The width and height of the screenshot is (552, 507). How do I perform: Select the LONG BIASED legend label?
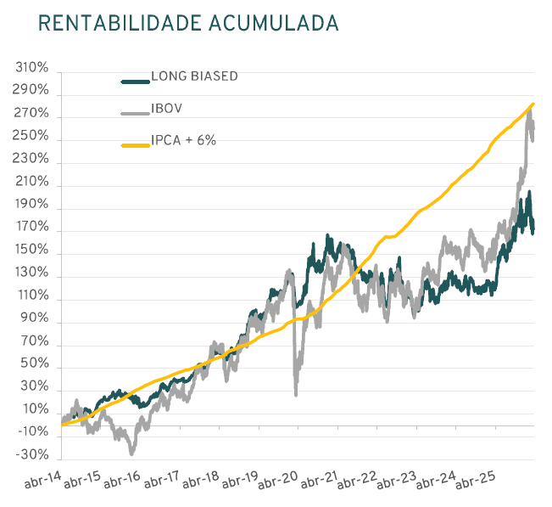(194, 76)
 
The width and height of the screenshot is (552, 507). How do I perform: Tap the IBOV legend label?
(167, 109)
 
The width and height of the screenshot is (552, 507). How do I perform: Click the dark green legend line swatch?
(135, 82)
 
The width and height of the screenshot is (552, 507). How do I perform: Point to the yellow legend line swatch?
(135, 145)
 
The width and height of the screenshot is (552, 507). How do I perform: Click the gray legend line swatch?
(135, 114)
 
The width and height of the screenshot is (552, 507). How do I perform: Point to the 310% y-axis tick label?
(31, 68)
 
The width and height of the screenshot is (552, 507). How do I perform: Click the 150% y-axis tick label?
(31, 252)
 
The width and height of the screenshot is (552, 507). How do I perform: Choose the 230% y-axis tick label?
(31, 161)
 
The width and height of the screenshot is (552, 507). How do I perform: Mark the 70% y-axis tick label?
(35, 345)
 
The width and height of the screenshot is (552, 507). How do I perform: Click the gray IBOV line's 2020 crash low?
(296, 394)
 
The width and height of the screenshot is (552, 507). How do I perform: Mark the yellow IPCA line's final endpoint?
(532, 104)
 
